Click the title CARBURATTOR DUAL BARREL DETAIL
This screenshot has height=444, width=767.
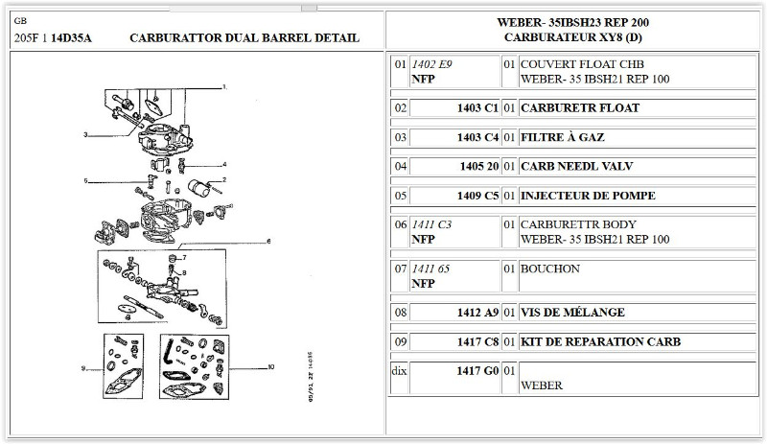tap(244, 38)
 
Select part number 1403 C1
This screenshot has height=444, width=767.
tap(477, 108)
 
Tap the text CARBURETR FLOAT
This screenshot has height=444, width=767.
tap(579, 108)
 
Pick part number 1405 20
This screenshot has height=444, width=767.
tap(478, 166)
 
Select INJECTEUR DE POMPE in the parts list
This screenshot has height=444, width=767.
tap(587, 196)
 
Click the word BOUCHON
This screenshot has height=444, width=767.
tap(549, 269)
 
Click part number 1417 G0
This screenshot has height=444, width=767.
tap(477, 370)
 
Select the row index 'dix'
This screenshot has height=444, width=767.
tap(400, 370)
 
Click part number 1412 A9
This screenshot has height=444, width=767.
tap(477, 312)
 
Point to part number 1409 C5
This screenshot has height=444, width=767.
tap(477, 196)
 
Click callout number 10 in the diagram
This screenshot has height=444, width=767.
tap(272, 367)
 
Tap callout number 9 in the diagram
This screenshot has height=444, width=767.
tap(83, 368)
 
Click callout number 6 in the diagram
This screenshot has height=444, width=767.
tap(268, 241)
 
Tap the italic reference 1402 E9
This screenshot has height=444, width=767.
tap(431, 64)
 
